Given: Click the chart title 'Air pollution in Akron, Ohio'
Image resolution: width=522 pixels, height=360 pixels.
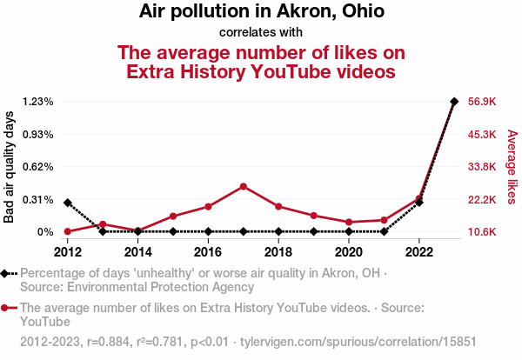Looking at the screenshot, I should [x=261, y=12].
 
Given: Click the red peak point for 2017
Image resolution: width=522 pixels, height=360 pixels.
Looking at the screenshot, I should [x=244, y=186].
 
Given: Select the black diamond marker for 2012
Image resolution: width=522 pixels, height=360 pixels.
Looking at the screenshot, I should [x=68, y=203].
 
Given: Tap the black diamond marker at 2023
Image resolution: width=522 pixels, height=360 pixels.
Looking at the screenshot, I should [x=454, y=102].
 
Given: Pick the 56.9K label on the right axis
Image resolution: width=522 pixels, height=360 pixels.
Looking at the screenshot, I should [x=482, y=102].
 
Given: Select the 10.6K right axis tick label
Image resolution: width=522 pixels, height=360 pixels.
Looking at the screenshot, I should [x=482, y=232].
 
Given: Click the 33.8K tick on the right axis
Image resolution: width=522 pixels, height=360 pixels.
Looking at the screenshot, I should [x=482, y=167].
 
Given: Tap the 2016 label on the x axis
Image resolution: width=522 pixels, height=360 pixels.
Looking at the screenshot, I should [x=208, y=252].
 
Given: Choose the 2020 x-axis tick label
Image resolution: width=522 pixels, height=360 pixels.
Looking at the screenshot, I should [x=349, y=252].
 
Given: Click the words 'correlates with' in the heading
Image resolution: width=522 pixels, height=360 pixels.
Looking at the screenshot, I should [x=261, y=33].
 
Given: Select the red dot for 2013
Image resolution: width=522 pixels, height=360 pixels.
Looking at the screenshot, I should [x=103, y=224].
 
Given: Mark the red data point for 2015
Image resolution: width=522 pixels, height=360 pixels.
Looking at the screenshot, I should [x=173, y=216].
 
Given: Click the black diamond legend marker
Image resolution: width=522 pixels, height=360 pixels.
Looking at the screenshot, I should [x=7, y=273].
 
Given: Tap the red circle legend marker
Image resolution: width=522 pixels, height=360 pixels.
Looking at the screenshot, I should [x=7, y=308].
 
